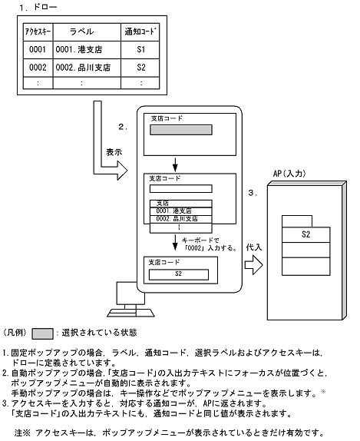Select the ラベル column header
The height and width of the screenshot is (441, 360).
point(81,31)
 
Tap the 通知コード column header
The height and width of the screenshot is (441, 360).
point(140,31)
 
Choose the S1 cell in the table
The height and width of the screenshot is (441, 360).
point(140,49)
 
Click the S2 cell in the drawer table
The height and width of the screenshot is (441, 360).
point(140,67)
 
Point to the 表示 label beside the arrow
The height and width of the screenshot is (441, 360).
point(113,152)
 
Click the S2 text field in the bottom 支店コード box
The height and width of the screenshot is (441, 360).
point(178,272)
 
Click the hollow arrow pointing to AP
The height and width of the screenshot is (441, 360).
point(254,264)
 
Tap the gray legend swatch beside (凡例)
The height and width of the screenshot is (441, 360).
point(43,333)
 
